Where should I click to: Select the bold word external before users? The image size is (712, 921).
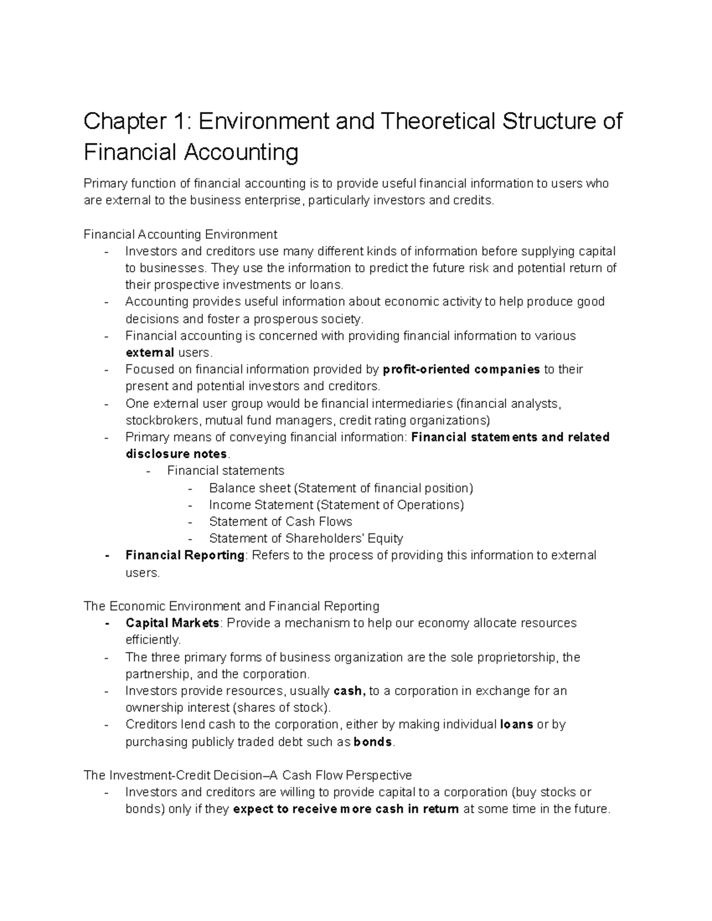[x=150, y=353]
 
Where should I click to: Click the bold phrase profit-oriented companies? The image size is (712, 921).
[x=462, y=369]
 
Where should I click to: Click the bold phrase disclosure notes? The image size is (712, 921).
[x=176, y=454]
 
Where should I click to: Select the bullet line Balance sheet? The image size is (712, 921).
[x=341, y=488]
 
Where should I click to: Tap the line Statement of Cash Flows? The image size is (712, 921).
[x=280, y=521]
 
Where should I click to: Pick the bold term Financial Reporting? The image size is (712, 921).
[x=185, y=555]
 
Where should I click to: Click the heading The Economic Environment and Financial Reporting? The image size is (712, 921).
[x=231, y=606]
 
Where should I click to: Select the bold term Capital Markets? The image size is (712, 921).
[x=172, y=623]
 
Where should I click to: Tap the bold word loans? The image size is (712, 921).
[x=516, y=724]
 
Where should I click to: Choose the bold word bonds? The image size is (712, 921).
[x=373, y=742]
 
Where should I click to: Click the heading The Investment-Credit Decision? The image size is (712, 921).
[x=247, y=775]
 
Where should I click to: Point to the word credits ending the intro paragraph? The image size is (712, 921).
[x=472, y=200]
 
